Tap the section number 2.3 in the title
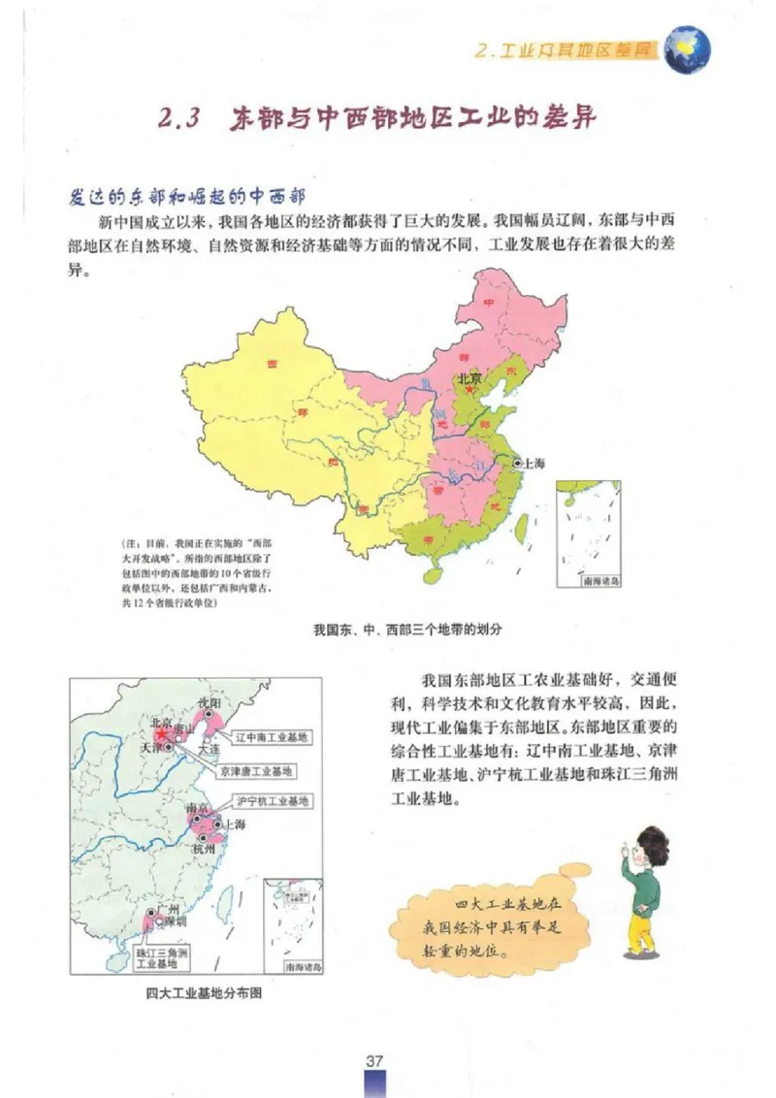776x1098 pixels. click(x=178, y=119)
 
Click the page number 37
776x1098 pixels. click(x=376, y=1058)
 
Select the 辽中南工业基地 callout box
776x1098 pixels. click(x=273, y=737)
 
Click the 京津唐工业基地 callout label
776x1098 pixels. click(x=255, y=771)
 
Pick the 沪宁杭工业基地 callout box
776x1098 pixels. click(x=273, y=801)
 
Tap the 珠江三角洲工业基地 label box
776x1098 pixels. click(x=162, y=958)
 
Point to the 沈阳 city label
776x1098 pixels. click(x=210, y=702)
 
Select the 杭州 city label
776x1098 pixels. click(x=204, y=849)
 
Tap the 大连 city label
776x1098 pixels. click(x=209, y=750)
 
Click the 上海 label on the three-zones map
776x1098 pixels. click(x=533, y=464)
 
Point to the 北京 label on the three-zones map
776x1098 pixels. click(x=469, y=378)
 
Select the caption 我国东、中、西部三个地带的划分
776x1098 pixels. click(x=407, y=629)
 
